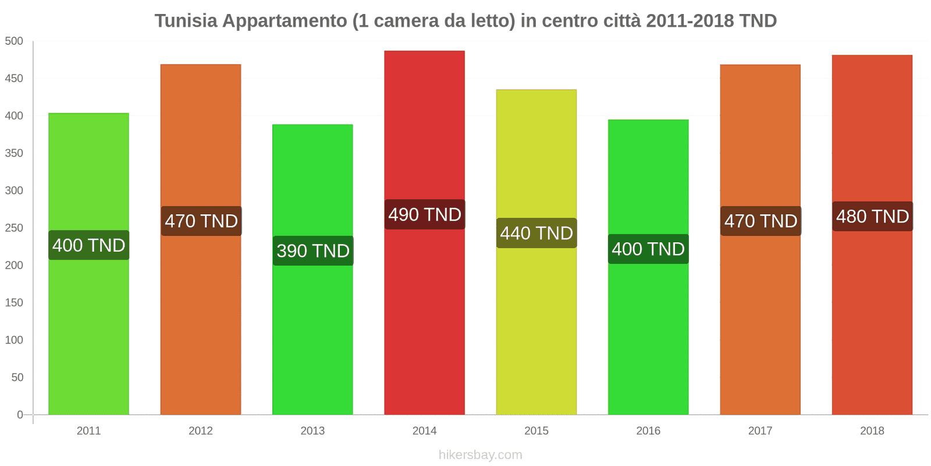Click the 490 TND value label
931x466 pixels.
tap(425, 214)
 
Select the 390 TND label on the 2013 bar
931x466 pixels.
tap(313, 250)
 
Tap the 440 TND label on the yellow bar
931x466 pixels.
tap(536, 233)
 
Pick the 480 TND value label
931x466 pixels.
tap(872, 216)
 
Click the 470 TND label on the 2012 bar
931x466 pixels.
tap(201, 221)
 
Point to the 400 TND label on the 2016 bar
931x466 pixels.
tap(648, 249)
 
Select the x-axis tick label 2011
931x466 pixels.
tap(88, 430)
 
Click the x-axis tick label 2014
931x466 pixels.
tap(424, 430)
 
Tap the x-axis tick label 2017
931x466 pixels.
tap(760, 430)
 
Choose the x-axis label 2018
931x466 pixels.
tap(872, 430)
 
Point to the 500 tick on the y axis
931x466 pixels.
tap(14, 41)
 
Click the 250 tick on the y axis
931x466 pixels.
tap(14, 228)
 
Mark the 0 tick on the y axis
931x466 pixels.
tap(20, 415)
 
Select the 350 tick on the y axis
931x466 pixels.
tap(14, 153)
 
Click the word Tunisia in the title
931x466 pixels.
tap(186, 21)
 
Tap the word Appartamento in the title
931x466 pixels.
tap(285, 21)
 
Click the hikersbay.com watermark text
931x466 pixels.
tap(480, 455)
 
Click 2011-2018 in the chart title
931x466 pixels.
tap(690, 21)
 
